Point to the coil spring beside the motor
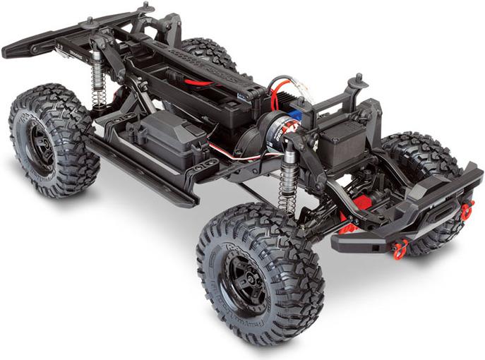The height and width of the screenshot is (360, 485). (287, 185)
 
